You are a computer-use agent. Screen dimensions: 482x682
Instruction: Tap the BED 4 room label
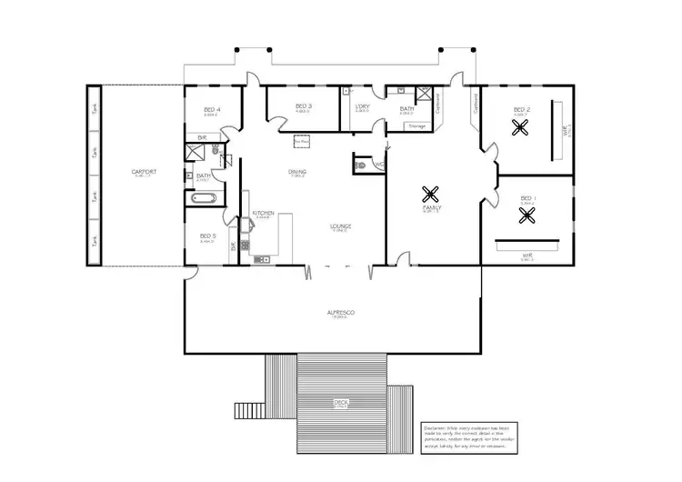pyautogui.click(x=212, y=110)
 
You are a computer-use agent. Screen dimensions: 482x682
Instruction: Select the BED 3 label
pyautogui.click(x=304, y=106)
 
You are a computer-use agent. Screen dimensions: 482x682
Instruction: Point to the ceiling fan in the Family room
pyautogui.click(x=431, y=193)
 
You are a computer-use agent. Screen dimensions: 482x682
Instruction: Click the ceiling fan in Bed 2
pyautogui.click(x=521, y=128)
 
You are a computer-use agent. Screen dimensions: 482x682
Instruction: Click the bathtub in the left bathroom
pyautogui.click(x=203, y=196)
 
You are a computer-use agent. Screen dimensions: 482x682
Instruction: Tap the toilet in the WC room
pyautogui.click(x=362, y=166)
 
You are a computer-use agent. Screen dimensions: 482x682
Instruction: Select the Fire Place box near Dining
pyautogui.click(x=302, y=141)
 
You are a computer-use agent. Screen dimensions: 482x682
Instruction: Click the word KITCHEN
pyautogui.click(x=263, y=214)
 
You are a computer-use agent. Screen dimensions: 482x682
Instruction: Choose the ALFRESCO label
pyautogui.click(x=341, y=312)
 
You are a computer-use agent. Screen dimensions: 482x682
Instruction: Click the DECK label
pyautogui.click(x=341, y=401)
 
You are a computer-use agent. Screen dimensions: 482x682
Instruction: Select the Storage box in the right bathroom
pyautogui.click(x=417, y=126)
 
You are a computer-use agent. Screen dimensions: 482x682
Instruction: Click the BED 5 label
pyautogui.click(x=207, y=237)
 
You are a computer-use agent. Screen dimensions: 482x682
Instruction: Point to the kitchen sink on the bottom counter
pyautogui.click(x=263, y=260)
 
